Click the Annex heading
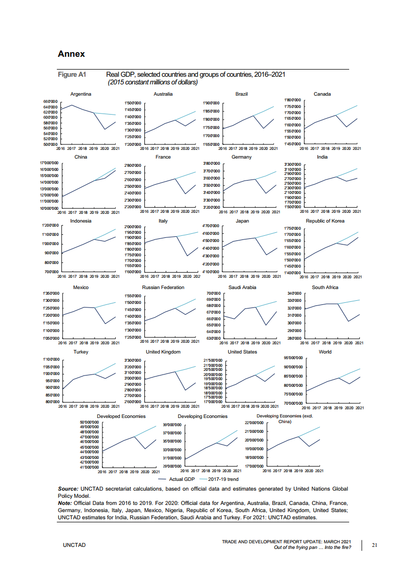pos(71,54)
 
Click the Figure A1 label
pos(72,75)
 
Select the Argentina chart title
pos(81,94)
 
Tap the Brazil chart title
pos(242,94)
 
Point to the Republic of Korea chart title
pos(325,221)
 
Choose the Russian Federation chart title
pos(163,288)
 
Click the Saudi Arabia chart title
pos(242,288)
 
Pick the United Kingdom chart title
pos(163,352)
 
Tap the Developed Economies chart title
pos(121,416)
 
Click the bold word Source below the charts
pos(68,489)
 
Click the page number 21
pos(374,545)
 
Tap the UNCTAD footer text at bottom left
pos(74,545)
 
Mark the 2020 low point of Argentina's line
pos(104,129)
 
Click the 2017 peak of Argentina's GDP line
pos(72,105)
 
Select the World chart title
pos(325,352)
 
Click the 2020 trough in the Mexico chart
pos(105,323)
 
